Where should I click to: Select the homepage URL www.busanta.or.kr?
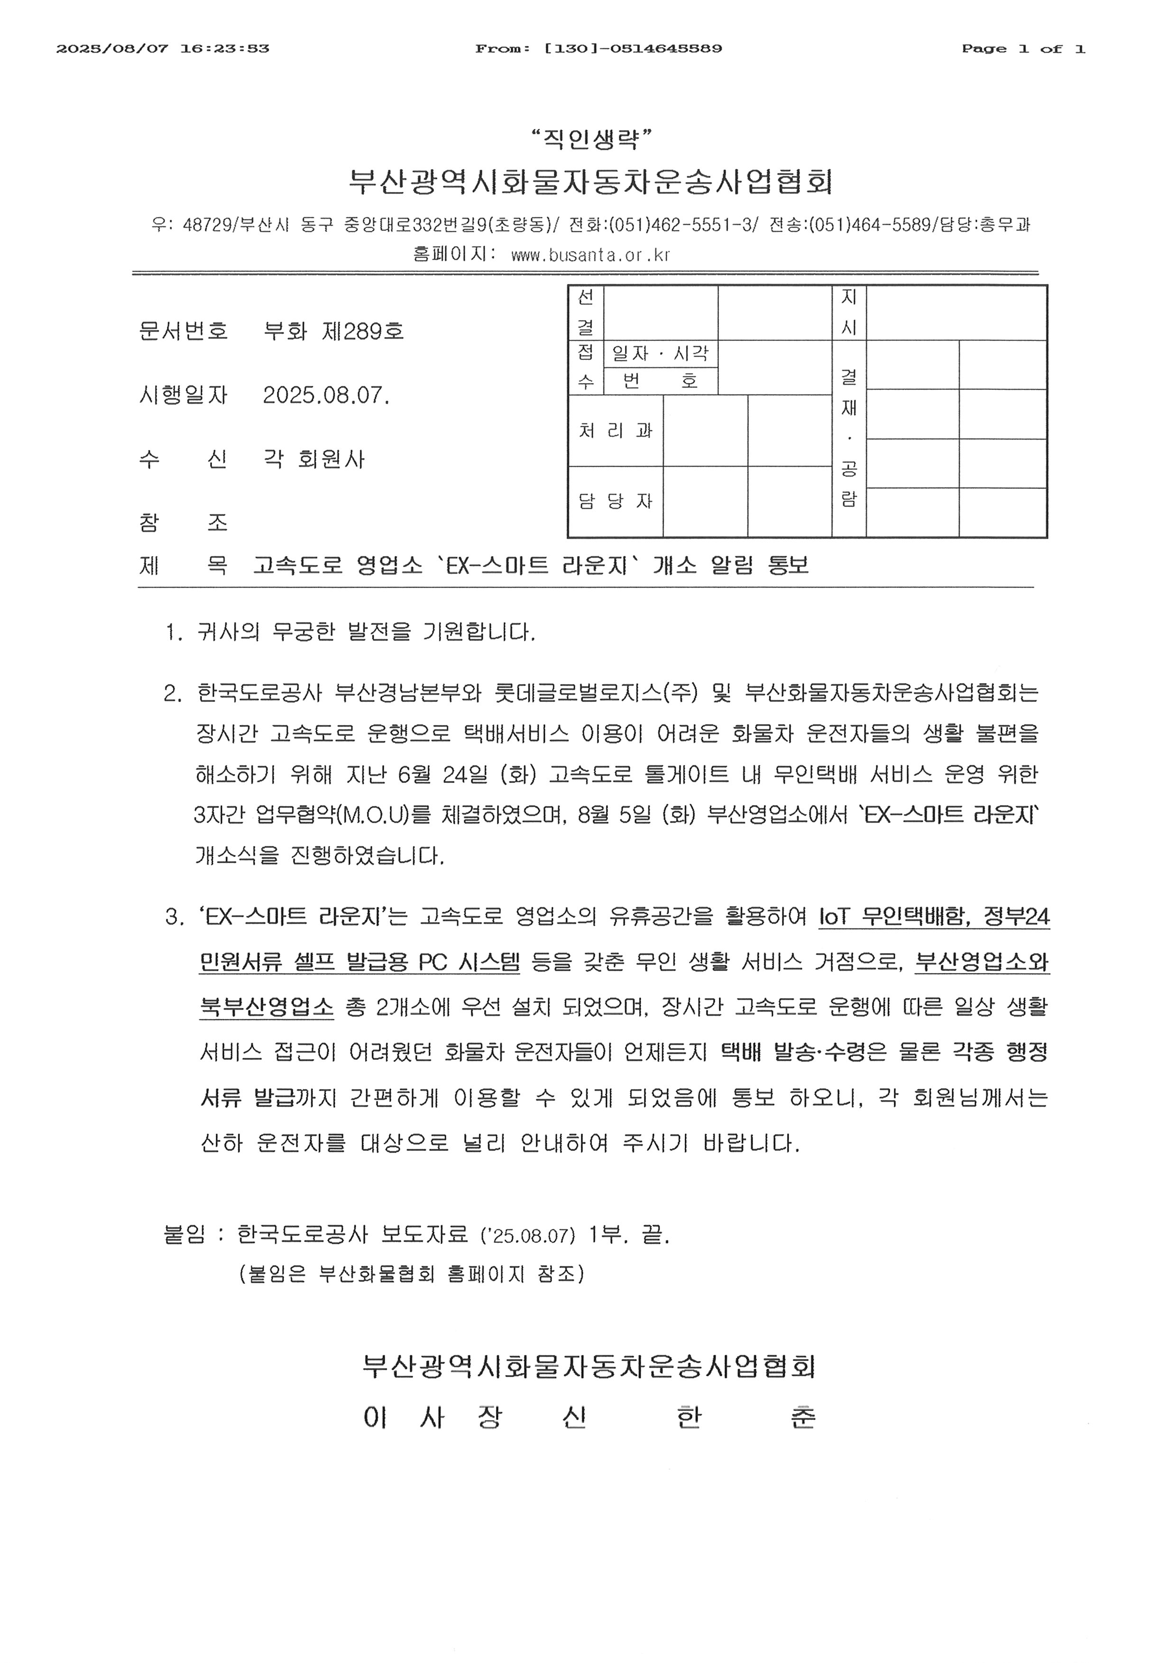pyautogui.click(x=590, y=255)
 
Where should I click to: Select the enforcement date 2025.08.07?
pyautogui.click(x=326, y=395)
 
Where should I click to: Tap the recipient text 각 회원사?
pyautogui.click(x=314, y=459)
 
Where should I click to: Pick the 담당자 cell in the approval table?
pyautogui.click(x=615, y=501)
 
